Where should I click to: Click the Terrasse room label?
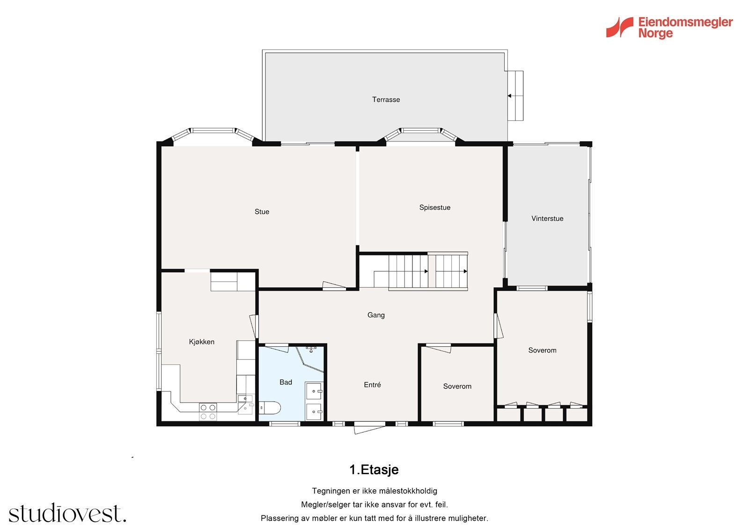(x=386, y=99)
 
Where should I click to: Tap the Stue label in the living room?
(x=262, y=212)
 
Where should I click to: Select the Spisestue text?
(x=434, y=208)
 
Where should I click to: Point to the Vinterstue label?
(x=547, y=219)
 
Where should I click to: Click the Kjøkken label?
(x=201, y=342)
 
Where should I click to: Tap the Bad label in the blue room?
(x=286, y=382)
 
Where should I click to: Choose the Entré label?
(x=372, y=385)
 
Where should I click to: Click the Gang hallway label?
(x=376, y=315)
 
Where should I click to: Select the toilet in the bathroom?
(x=269, y=408)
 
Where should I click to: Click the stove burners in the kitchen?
(x=208, y=411)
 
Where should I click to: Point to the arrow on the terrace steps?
(x=510, y=96)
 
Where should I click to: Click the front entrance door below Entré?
(x=369, y=427)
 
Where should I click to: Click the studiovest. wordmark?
(x=67, y=514)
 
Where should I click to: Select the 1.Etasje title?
(x=374, y=470)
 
